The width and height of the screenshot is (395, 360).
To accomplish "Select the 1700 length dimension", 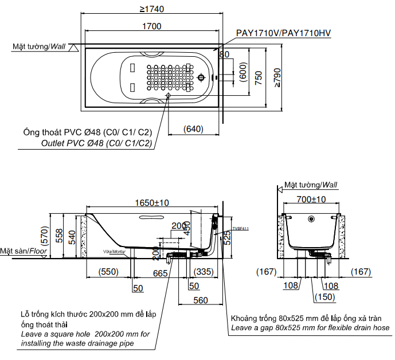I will pyautogui.click(x=152, y=26).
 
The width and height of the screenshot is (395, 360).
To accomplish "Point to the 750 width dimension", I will pyautogui.click(x=259, y=77).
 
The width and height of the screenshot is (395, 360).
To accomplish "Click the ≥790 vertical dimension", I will pyautogui.click(x=277, y=77).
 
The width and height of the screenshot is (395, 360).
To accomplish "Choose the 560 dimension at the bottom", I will pyautogui.click(x=200, y=300).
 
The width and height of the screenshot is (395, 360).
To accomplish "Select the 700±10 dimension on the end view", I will pyautogui.click(x=312, y=199).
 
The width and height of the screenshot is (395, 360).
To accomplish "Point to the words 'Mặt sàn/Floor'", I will pyautogui.click(x=24, y=251).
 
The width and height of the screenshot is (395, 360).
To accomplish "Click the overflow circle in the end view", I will pyautogui.click(x=311, y=218).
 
